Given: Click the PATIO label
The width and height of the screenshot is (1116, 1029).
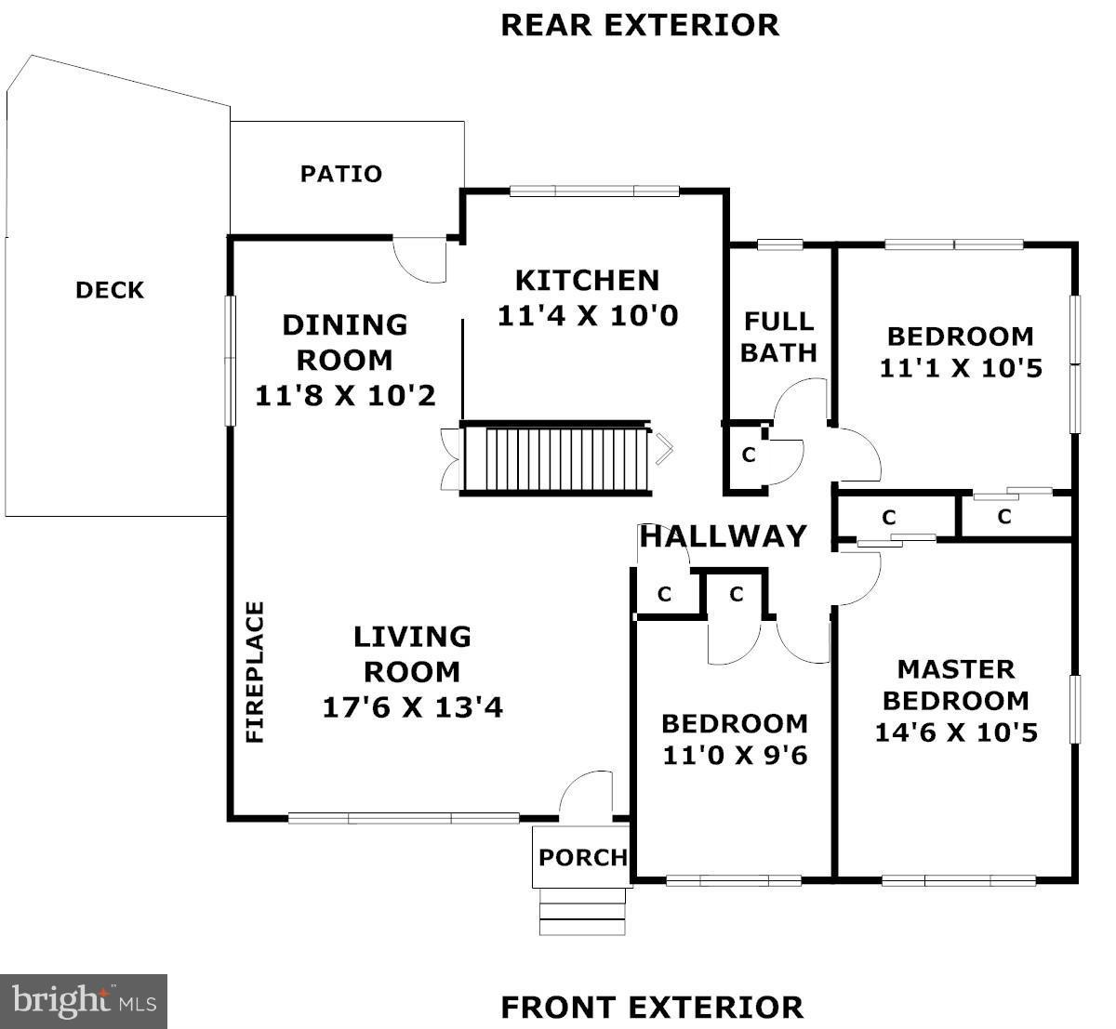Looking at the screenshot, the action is click(x=341, y=174).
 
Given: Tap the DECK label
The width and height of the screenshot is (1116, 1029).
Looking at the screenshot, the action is click(x=110, y=290).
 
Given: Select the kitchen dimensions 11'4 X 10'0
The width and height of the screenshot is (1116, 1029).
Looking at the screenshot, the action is click(x=588, y=316).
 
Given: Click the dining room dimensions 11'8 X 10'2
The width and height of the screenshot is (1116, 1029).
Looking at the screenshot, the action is click(x=345, y=396).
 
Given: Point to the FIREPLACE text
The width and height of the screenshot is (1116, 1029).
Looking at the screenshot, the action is click(x=255, y=672).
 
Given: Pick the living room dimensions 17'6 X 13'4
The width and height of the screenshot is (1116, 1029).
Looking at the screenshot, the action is click(x=413, y=707).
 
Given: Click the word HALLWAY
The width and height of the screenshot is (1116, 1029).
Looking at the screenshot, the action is click(x=724, y=536).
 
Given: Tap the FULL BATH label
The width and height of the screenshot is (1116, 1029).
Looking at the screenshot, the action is click(x=778, y=337).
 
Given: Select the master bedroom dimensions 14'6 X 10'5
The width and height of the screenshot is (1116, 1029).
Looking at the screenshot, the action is click(x=956, y=732).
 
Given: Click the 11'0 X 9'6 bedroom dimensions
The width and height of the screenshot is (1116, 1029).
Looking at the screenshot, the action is click(x=735, y=756).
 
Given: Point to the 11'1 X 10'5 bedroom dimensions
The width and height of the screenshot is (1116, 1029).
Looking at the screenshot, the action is click(x=961, y=368).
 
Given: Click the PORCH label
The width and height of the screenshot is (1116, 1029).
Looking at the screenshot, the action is click(x=583, y=858).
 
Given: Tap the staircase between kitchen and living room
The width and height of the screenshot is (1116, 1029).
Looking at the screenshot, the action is click(x=556, y=458).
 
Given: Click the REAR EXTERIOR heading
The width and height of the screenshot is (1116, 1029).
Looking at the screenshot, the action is click(x=640, y=26).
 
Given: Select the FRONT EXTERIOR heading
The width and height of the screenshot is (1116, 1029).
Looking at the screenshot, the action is click(x=652, y=1008).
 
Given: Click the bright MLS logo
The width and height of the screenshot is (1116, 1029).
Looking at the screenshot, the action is click(x=84, y=1001).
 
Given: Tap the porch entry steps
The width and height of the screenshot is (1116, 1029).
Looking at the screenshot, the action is click(x=582, y=912).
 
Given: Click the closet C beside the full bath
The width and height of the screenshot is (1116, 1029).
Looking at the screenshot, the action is click(x=749, y=455).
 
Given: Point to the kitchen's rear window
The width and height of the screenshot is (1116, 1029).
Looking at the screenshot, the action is click(x=594, y=191).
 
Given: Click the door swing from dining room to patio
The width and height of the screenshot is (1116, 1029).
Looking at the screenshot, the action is click(x=418, y=260).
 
